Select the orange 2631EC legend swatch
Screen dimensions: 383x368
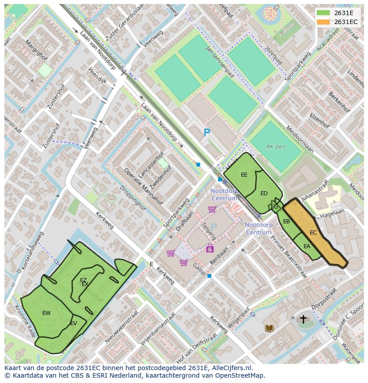[x=324, y=22]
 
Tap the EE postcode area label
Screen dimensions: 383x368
[x=244, y=175]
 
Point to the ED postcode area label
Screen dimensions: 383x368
[x=264, y=194]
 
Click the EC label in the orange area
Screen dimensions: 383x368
[x=313, y=233]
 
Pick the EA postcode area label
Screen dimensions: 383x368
[x=307, y=246]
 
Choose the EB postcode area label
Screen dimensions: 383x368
[x=287, y=222]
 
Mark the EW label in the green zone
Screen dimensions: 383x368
[x=46, y=313]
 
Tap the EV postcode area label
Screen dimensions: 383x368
[x=74, y=323]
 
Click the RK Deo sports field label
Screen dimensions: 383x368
[x=276, y=146]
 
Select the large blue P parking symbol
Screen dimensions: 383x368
[x=207, y=132]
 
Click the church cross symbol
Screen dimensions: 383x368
[x=303, y=319]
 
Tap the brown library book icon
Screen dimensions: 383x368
[x=269, y=328]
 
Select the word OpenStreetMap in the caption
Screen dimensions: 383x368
[x=240, y=375]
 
